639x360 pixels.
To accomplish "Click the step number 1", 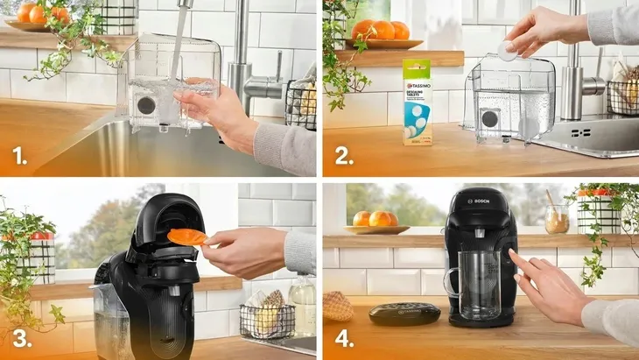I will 18,158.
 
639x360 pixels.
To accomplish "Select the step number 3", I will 18,338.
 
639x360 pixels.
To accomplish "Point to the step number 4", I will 342,338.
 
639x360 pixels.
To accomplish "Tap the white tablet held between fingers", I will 507,51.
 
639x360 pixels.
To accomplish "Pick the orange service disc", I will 186,236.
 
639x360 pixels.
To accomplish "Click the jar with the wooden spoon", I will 556,218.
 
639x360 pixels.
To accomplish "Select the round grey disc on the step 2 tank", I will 491,117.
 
